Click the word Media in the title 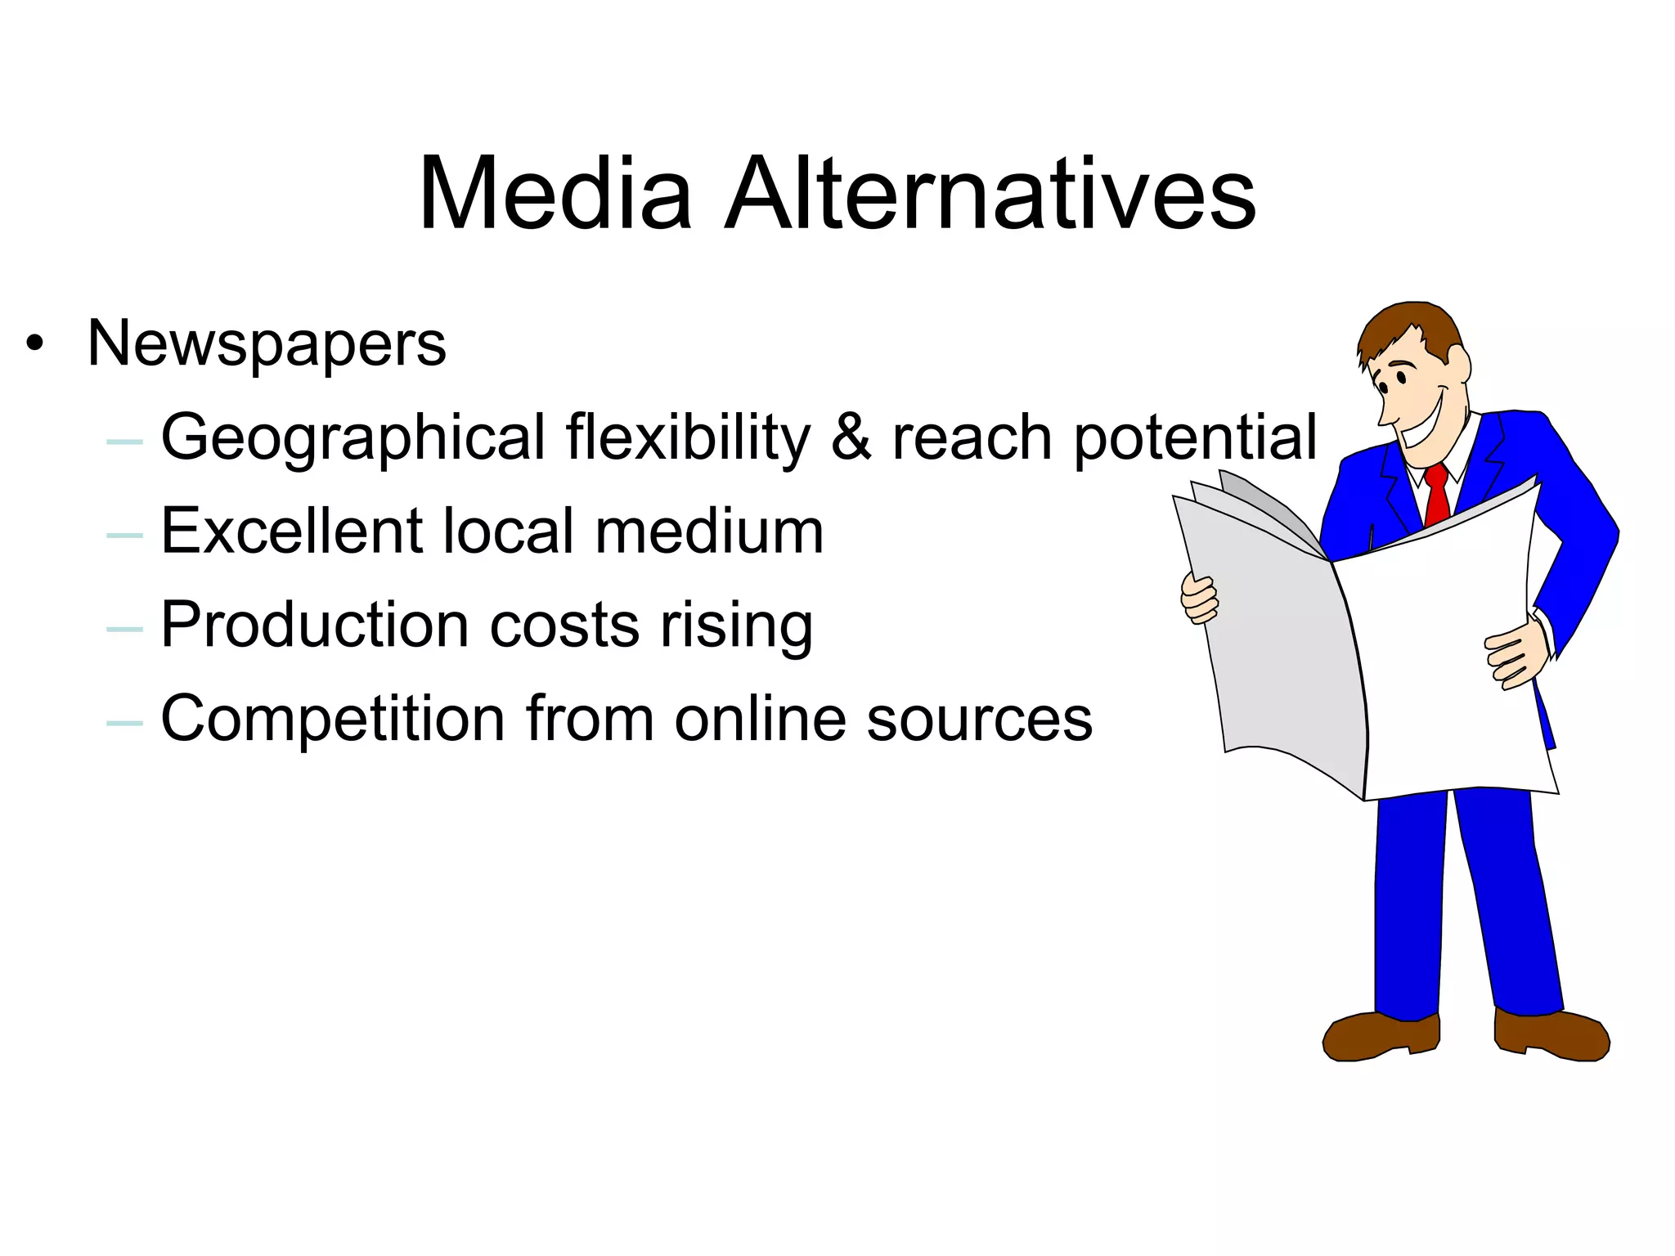tap(556, 194)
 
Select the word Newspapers tap(267, 344)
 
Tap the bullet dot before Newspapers tap(34, 343)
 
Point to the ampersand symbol tap(851, 437)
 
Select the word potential tap(1195, 438)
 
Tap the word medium tap(709, 531)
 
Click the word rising tap(736, 626)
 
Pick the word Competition tap(333, 719)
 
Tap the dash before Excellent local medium tap(124, 536)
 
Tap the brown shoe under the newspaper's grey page tap(1381, 1036)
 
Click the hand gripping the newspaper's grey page tap(1199, 599)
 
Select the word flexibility tap(688, 438)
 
